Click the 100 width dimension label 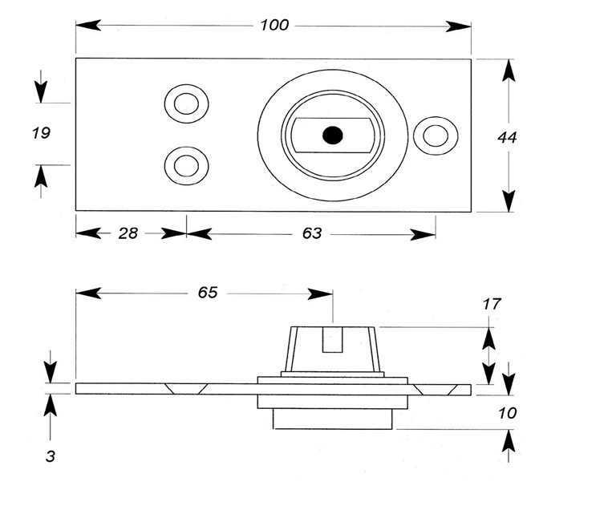(x=274, y=26)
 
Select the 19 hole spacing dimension (x=41, y=133)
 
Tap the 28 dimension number (x=128, y=233)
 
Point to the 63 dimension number (x=312, y=233)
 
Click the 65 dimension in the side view (x=208, y=293)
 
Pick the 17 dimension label (x=492, y=304)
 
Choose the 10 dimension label (x=507, y=414)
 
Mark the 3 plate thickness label (x=51, y=456)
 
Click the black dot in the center (x=331, y=136)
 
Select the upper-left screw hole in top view (x=186, y=103)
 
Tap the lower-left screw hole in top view (x=186, y=166)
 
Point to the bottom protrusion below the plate (x=332, y=419)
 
